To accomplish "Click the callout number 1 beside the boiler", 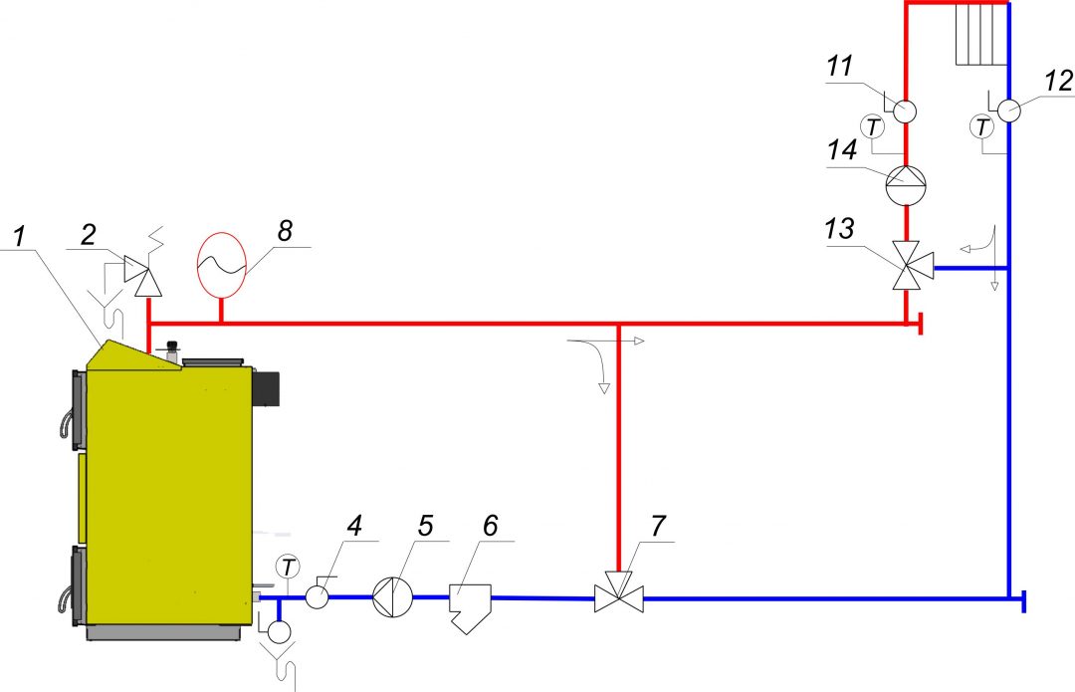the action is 19,237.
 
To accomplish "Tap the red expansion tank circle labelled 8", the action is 222,263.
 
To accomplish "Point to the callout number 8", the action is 285,231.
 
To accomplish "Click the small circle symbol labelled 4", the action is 318,596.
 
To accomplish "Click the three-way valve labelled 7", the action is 618,598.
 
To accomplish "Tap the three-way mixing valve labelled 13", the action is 907,266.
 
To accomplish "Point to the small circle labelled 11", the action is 904,111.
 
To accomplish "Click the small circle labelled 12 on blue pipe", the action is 1007,111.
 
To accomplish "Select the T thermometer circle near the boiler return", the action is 289,567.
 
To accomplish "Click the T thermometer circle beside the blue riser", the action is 982,126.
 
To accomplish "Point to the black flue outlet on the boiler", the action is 270,386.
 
